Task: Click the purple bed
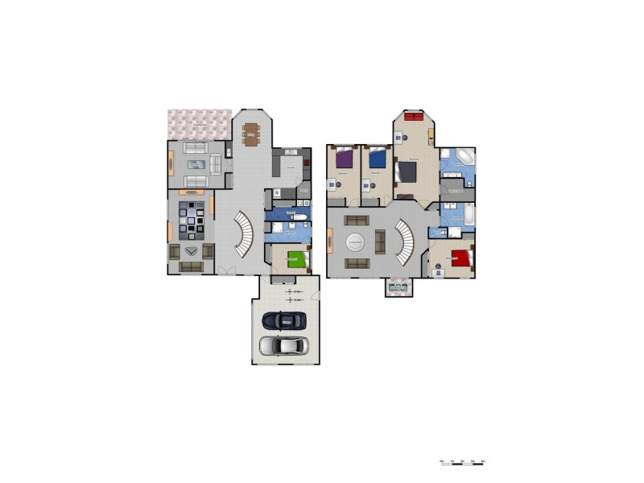[345, 159]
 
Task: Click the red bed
[460, 258]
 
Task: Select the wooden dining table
[251, 132]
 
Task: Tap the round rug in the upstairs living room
[356, 242]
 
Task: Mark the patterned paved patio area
[199, 124]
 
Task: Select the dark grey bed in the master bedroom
[407, 171]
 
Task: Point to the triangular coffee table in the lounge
[192, 251]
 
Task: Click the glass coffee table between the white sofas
[197, 164]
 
